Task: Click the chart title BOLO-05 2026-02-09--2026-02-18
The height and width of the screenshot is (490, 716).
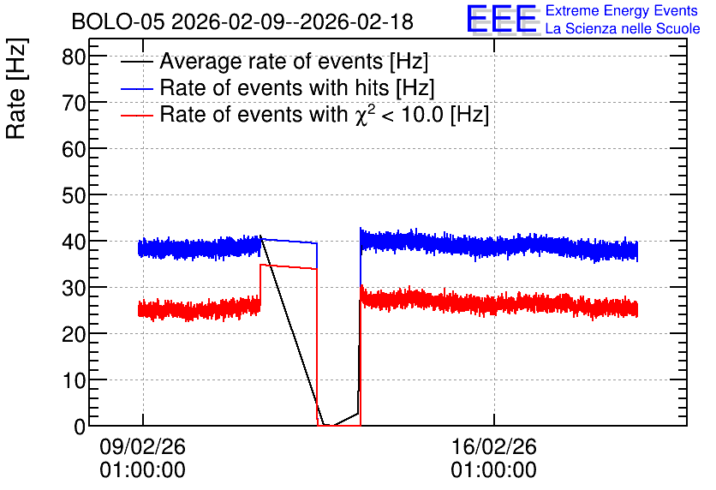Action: tap(242, 22)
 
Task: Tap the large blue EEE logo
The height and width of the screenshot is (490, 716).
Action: tap(502, 19)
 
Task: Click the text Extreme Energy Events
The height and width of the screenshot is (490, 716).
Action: tap(622, 10)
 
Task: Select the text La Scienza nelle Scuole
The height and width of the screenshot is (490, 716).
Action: tap(623, 28)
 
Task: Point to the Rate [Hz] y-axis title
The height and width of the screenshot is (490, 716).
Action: tap(16, 88)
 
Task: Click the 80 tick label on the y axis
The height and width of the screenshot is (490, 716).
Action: tap(74, 57)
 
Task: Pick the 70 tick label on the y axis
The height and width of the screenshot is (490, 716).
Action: tap(74, 103)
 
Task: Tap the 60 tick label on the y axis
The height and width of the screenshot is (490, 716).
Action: tap(74, 149)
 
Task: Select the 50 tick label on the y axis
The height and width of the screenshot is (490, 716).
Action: tap(74, 195)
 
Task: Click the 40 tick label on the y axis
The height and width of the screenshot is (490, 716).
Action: tap(74, 242)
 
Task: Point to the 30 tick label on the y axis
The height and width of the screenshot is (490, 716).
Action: tap(74, 288)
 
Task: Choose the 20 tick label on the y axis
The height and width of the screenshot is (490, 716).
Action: tap(74, 334)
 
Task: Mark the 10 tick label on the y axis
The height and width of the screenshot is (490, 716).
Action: tap(74, 380)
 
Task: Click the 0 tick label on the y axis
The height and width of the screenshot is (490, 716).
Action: tap(80, 427)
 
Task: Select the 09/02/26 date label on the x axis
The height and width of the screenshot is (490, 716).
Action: tap(143, 446)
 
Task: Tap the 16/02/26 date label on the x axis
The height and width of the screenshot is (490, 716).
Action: tap(494, 446)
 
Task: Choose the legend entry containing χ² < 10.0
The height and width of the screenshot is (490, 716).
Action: tap(325, 114)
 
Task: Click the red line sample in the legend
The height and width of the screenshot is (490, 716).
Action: tap(137, 116)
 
